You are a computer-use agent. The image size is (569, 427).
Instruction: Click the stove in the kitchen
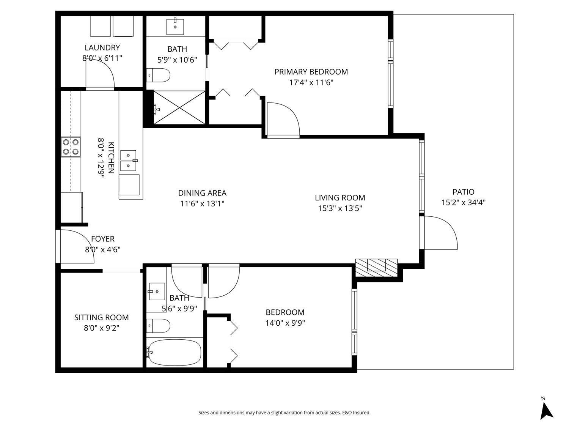(x=71, y=147)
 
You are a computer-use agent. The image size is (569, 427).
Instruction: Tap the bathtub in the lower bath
(x=174, y=352)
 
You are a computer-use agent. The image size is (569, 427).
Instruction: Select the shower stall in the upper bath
(x=179, y=107)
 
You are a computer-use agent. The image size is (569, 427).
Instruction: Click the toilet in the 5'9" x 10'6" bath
(x=159, y=75)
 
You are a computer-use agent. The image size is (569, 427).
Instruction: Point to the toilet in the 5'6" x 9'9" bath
(x=159, y=325)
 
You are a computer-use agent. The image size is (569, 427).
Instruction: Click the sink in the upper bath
(x=175, y=26)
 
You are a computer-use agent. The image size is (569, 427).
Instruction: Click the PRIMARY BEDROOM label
(x=311, y=72)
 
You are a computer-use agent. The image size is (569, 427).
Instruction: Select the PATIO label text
(x=463, y=192)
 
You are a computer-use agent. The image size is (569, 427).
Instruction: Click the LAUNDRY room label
(x=102, y=48)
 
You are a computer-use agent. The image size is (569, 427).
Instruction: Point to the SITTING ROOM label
(x=101, y=318)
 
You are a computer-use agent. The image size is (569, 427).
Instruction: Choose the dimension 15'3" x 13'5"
(x=340, y=208)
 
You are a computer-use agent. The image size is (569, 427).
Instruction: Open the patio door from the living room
(x=440, y=232)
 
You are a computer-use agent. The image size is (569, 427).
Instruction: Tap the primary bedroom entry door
(x=283, y=119)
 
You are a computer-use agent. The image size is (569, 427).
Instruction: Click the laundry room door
(x=100, y=74)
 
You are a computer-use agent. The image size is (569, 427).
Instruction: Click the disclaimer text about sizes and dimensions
(x=284, y=413)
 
